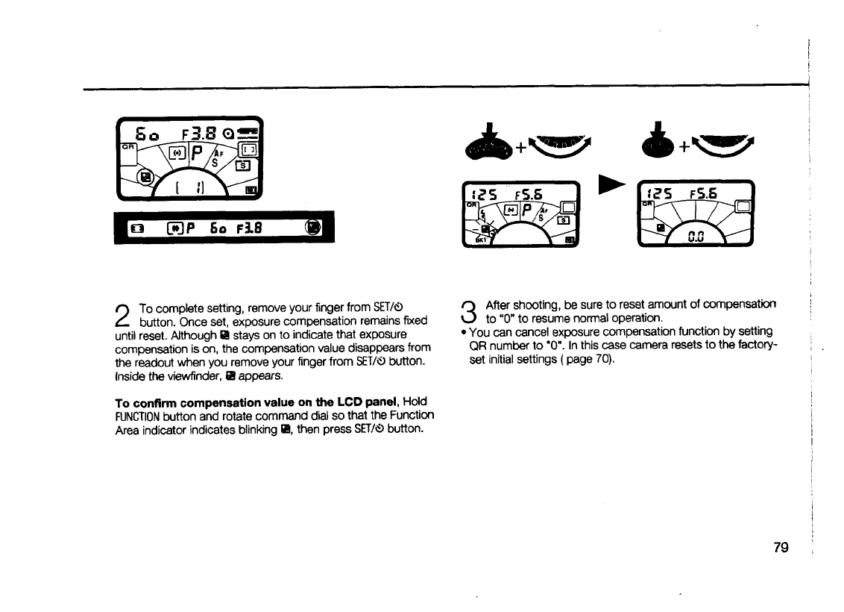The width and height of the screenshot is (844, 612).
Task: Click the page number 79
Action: pyautogui.click(x=781, y=549)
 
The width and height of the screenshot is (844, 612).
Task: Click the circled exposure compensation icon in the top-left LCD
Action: pyautogui.click(x=145, y=177)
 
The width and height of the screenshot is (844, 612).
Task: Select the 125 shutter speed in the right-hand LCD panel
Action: pyautogui.click(x=655, y=191)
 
